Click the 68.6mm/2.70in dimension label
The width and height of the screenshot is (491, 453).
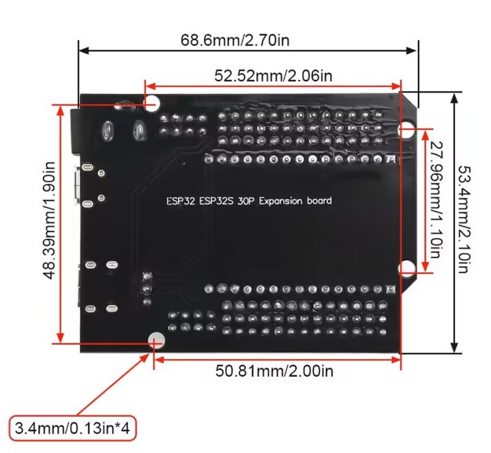point(235,40)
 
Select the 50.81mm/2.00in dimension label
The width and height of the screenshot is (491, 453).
point(275,371)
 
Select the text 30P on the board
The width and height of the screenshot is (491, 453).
point(247,201)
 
